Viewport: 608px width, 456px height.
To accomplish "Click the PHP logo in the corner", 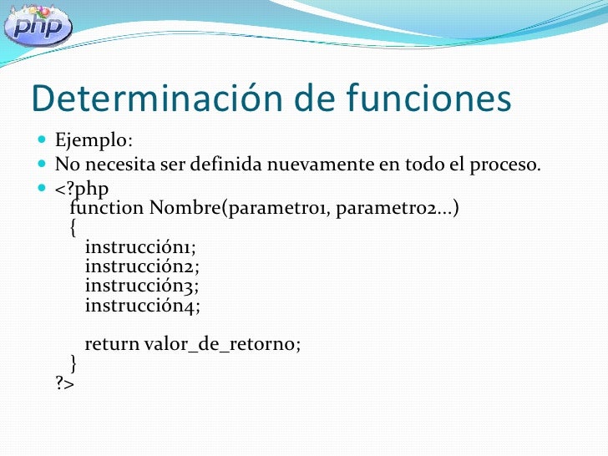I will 38,27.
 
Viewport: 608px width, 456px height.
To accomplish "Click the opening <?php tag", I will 82,187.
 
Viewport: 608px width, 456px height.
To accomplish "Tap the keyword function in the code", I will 106,206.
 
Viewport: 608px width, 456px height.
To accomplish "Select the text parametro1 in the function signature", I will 277,206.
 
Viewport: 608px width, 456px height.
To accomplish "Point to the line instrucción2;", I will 142,266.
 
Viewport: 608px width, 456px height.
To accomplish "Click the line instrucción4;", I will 143,306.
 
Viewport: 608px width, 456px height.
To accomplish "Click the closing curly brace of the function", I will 73,363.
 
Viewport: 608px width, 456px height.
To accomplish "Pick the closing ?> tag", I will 65,384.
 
